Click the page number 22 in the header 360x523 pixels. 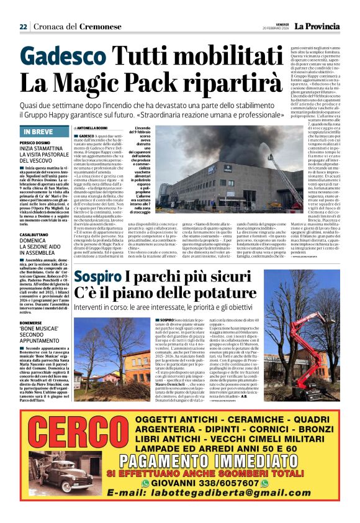pos(23,27)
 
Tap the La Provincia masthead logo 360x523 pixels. pos(317,25)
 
